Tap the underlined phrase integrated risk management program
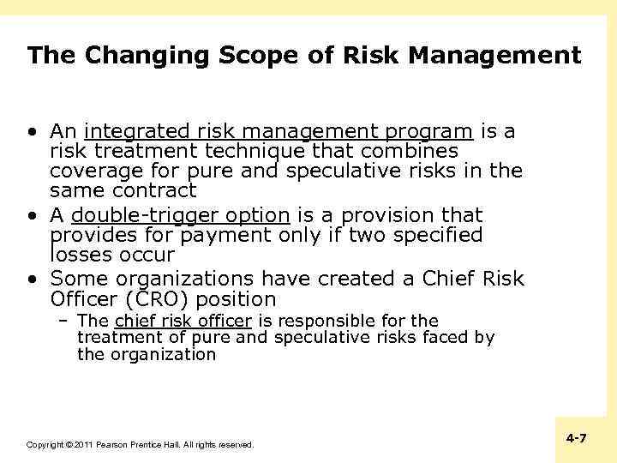(279, 132)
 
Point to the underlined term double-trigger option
(181, 215)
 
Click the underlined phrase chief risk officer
(183, 322)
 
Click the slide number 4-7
(577, 438)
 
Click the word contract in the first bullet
(153, 190)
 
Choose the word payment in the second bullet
(209, 236)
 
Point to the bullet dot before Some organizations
(32, 280)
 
